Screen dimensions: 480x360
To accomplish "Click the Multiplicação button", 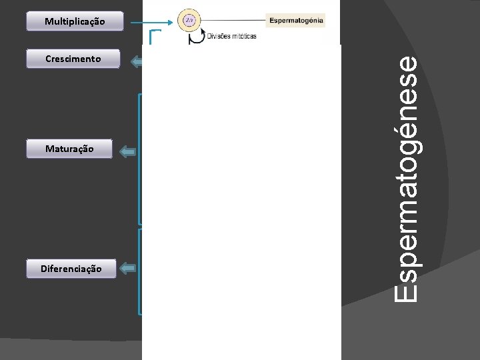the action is click(75, 21).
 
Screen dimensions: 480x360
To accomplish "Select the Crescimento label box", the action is click(73, 59).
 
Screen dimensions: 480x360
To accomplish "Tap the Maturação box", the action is click(70, 149).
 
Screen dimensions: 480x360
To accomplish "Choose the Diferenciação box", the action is click(71, 269).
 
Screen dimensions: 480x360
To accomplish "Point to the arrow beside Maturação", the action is click(128, 152).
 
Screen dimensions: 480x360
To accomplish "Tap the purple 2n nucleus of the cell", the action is click(190, 21).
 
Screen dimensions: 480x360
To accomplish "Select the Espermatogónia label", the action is click(296, 20).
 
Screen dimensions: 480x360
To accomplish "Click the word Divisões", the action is click(219, 36).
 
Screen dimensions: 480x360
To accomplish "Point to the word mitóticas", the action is click(243, 36).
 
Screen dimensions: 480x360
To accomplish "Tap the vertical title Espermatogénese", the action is click(405, 180).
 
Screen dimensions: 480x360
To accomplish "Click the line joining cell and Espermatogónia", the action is click(233, 21).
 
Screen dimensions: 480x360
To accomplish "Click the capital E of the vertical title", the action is click(405, 291).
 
